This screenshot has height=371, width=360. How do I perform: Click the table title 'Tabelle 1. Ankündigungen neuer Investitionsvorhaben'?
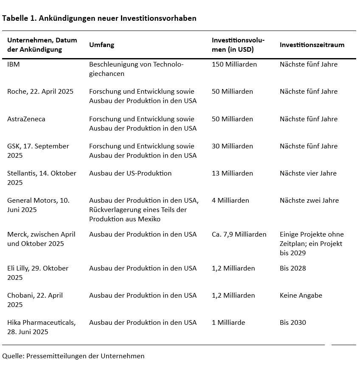[99, 18]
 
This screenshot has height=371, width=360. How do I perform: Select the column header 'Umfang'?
[101, 45]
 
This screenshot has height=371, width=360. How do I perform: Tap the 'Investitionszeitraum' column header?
[312, 45]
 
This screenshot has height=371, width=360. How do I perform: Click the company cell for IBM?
[14, 64]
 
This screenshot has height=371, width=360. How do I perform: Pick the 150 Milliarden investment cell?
[234, 64]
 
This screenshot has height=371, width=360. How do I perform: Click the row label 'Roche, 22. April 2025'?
[40, 92]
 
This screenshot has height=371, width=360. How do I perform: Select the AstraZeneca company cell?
[26, 119]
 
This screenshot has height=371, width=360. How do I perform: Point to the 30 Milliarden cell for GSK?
[232, 146]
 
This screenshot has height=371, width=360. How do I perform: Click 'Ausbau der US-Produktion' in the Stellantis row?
[130, 173]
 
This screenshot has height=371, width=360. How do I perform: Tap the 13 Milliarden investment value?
[232, 173]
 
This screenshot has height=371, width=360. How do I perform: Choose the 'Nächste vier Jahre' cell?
[308, 173]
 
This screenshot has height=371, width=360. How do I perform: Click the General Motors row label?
[38, 205]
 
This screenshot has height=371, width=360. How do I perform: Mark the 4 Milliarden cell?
[230, 201]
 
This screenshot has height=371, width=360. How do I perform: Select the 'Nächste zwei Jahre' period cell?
[309, 201]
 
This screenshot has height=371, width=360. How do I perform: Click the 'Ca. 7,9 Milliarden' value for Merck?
[239, 234]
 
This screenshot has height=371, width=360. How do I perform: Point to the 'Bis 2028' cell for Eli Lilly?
[292, 268]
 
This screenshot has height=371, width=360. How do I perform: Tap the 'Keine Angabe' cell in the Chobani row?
[301, 296]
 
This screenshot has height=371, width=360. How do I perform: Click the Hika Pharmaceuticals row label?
[41, 327]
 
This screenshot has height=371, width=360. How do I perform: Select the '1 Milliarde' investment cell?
[228, 323]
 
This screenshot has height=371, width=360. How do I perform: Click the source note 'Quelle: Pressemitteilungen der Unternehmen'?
[73, 356]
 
